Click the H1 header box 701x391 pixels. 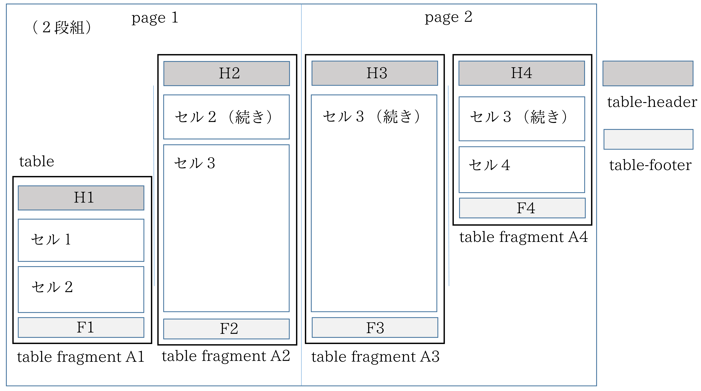tap(81, 198)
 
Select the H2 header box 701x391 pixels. tap(226, 73)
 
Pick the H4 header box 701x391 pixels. tap(521, 73)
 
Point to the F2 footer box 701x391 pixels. tap(226, 329)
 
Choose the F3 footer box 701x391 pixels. tap(375, 327)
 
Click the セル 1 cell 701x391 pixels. tap(81, 240)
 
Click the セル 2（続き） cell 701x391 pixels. tap(226, 117)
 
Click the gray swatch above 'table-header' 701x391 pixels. tap(648, 73)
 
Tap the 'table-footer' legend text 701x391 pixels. tap(650, 165)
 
